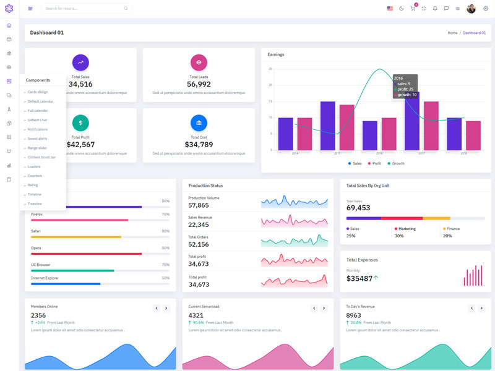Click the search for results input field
click(x=84, y=9)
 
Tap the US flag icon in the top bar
click(x=390, y=9)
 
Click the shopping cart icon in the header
click(x=413, y=9)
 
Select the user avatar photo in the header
click(x=471, y=9)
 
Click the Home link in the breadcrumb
click(x=452, y=33)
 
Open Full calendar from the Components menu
click(x=38, y=111)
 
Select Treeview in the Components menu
click(x=35, y=203)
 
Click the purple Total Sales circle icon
click(x=80, y=62)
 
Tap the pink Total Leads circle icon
click(x=199, y=62)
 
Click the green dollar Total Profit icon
click(x=80, y=122)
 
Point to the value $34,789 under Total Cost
click(x=199, y=145)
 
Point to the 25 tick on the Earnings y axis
click(x=270, y=69)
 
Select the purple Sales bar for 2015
click(x=327, y=126)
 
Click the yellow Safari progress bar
click(x=76, y=237)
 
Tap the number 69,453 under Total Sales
click(x=358, y=208)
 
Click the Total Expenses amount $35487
click(x=359, y=279)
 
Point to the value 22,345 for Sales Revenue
click(x=199, y=225)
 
